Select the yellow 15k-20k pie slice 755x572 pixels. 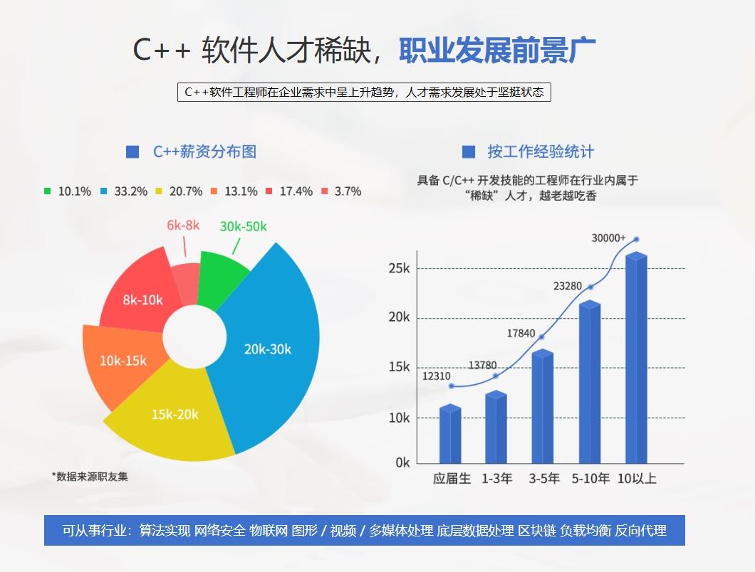point(175,414)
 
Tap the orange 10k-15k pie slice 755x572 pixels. point(123,361)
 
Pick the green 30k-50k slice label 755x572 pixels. point(243,226)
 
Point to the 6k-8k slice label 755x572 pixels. point(183,225)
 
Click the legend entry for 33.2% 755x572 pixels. point(124,191)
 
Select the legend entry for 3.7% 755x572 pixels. point(342,191)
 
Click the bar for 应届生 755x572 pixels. point(450,435)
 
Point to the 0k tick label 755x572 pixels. point(403,462)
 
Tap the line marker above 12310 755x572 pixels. point(452,386)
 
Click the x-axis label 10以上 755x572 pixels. point(637,479)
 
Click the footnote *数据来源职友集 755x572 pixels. point(90,476)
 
